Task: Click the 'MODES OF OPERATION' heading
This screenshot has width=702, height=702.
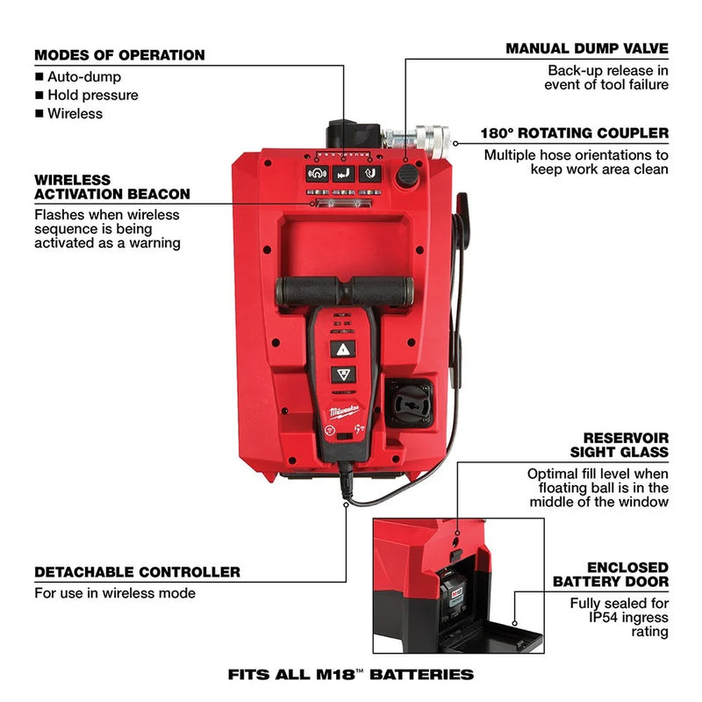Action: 119,55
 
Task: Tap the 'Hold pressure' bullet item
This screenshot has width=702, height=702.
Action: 92,95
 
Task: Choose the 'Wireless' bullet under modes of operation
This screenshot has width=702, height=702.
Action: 75,113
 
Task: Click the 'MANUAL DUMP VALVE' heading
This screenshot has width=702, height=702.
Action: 586,48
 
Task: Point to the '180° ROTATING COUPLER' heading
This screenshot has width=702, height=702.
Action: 574,134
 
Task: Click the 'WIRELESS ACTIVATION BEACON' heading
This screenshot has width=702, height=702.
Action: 112,186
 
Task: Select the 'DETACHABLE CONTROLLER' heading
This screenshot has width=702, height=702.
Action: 137,572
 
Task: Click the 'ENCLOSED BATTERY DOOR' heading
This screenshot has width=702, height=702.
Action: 611,574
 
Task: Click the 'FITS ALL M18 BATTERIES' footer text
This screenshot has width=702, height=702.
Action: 351,675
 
